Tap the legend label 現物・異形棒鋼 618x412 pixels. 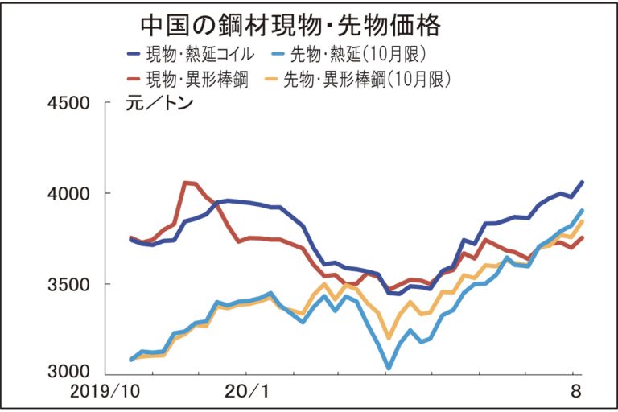pyautogui.click(x=196, y=80)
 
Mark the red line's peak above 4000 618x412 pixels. pyautogui.click(x=187, y=183)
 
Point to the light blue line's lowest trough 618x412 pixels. pyautogui.click(x=389, y=369)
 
